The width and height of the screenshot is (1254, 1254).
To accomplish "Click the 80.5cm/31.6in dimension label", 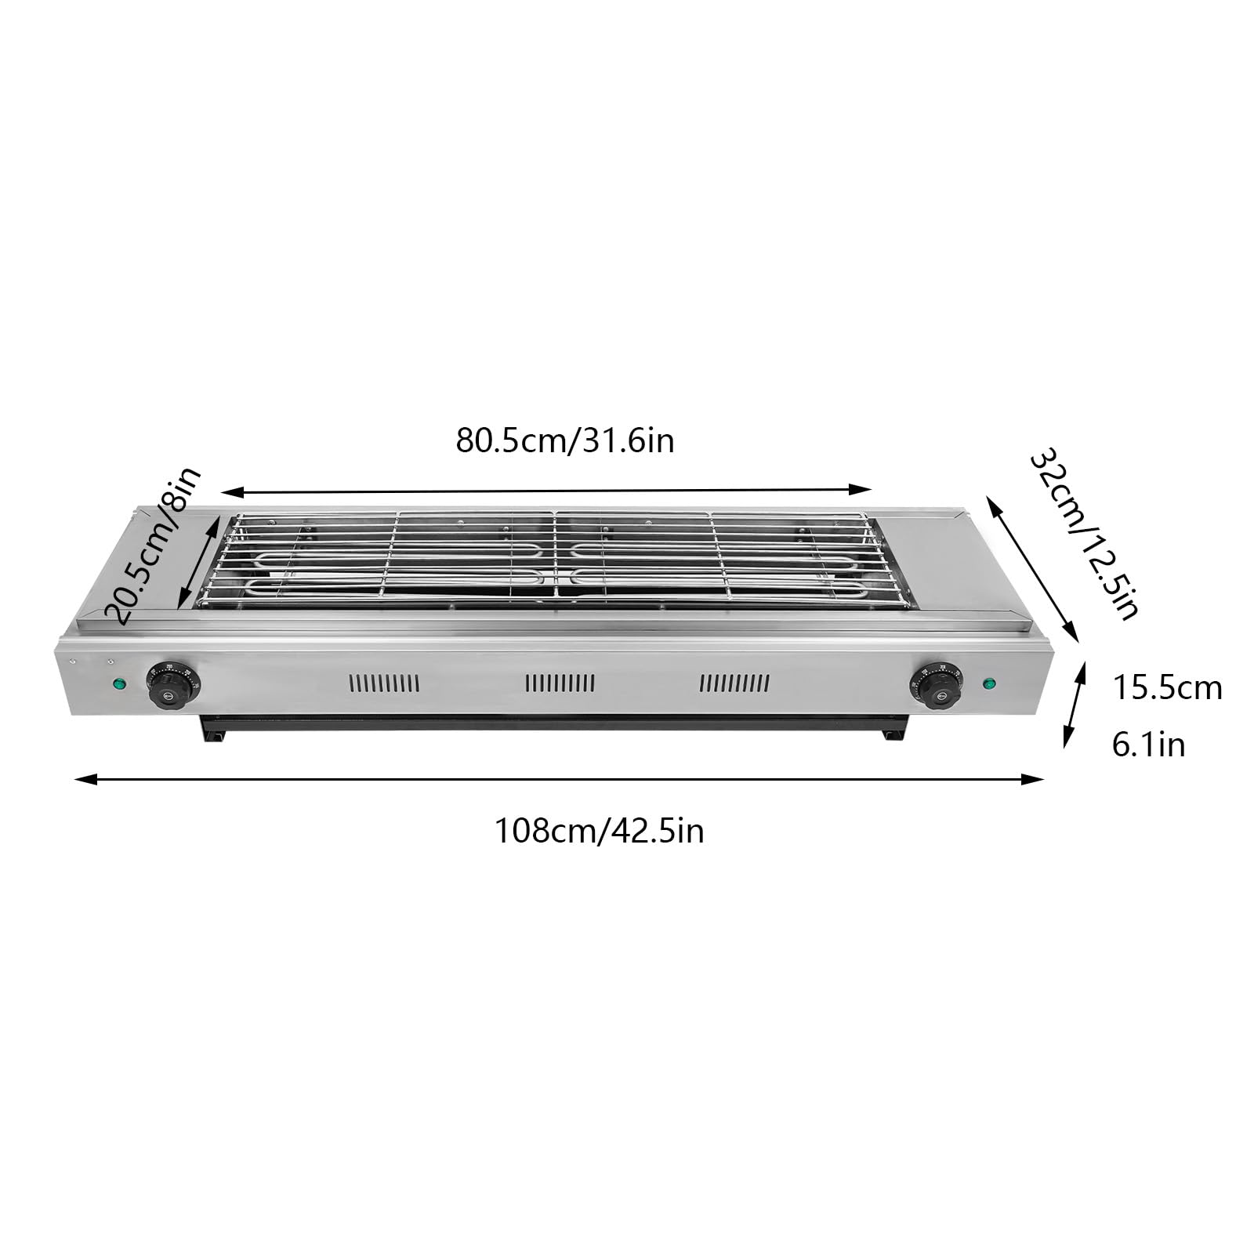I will (565, 441).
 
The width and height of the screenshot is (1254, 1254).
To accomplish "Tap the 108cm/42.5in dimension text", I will (599, 831).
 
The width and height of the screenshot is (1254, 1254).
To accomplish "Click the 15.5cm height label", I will (1167, 688).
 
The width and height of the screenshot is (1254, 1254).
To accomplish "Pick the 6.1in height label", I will (1148, 745).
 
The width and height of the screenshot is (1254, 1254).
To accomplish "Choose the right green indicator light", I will (990, 683).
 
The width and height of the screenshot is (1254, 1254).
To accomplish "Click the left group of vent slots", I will (384, 683).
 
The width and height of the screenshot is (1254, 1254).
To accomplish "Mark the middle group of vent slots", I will (560, 683).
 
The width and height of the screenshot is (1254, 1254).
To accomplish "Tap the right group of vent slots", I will (734, 683).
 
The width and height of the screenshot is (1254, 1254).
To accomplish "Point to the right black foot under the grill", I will (891, 735).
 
